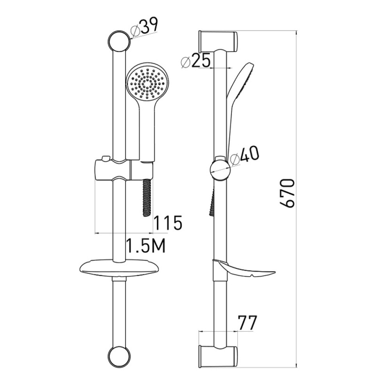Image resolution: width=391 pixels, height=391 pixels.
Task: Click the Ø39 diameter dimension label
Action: [x=145, y=27]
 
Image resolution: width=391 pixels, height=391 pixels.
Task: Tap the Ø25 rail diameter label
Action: [x=196, y=61]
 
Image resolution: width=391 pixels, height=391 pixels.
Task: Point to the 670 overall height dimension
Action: [x=287, y=193]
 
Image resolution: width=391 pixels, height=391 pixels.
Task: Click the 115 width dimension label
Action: [x=168, y=223]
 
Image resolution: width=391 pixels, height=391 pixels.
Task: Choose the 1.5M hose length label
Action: [x=146, y=246]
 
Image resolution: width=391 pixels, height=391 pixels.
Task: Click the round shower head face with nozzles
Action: [x=146, y=83]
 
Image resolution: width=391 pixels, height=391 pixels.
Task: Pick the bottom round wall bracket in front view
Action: [x=119, y=357]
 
